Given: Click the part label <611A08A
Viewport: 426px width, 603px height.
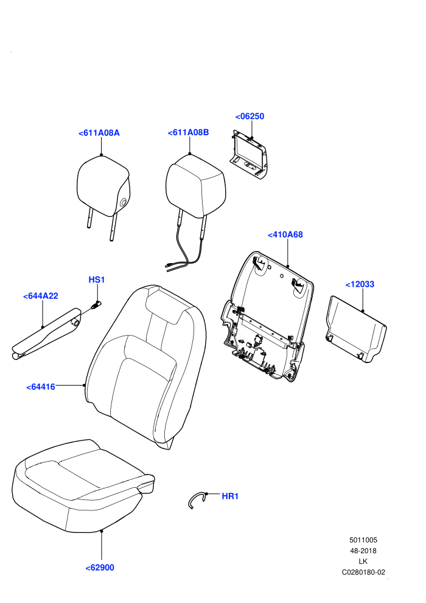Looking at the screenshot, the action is (99, 133).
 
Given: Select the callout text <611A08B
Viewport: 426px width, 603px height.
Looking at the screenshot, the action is (188, 132).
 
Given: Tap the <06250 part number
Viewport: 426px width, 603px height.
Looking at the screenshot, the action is (250, 116).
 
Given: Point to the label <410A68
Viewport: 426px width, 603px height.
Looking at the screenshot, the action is (285, 234).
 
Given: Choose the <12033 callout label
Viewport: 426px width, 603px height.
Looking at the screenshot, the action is (360, 284).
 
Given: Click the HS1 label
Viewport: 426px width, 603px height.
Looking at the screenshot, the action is (97, 280).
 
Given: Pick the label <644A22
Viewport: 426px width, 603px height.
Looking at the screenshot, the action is (40, 296).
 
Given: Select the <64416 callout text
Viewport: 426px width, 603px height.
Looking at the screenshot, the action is (41, 387).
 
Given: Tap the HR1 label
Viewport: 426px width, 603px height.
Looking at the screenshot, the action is (230, 496).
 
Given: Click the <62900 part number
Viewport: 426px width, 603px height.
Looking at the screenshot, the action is (100, 568).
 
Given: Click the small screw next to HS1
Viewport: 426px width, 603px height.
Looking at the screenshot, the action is (96, 306).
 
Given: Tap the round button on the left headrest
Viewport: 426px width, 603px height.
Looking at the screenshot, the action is (124, 202).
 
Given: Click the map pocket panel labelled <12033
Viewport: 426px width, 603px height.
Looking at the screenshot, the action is (357, 329).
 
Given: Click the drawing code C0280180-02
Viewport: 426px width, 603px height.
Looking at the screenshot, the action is (363, 572).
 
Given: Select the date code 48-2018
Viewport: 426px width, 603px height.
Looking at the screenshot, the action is (363, 551).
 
